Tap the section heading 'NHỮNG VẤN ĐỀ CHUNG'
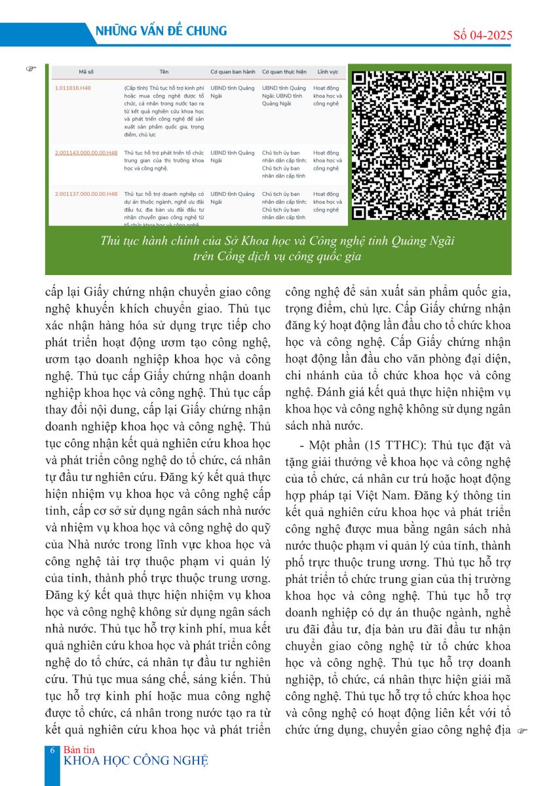(x=161, y=31)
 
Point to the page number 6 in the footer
(x=52, y=751)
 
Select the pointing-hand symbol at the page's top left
(x=31, y=67)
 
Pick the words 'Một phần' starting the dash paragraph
(x=326, y=445)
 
